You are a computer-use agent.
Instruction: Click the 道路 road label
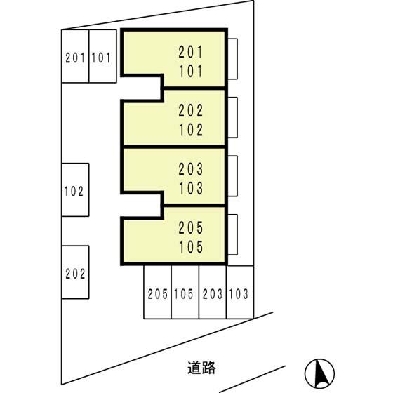click(x=201, y=368)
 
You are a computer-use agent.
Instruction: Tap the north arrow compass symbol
click(x=319, y=373)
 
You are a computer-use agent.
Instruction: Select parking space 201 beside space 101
click(x=75, y=56)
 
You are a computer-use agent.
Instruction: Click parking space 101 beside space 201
click(x=102, y=56)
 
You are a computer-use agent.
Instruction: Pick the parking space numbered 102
click(x=75, y=189)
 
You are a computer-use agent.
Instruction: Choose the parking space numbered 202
click(x=75, y=272)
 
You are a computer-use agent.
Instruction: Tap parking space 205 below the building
click(x=158, y=292)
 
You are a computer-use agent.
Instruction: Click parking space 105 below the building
click(x=185, y=292)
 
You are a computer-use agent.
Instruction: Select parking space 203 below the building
click(x=213, y=292)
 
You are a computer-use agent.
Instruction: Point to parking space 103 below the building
click(x=240, y=292)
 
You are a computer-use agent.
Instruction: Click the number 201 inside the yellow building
click(x=190, y=52)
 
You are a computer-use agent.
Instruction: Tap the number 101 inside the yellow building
click(x=190, y=71)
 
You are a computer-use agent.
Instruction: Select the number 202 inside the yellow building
click(x=190, y=111)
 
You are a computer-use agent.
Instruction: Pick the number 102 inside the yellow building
click(x=190, y=130)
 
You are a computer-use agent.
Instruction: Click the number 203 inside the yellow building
click(x=190, y=169)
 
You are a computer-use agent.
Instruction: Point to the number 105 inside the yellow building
click(x=190, y=246)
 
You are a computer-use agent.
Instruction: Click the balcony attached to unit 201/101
click(x=232, y=59)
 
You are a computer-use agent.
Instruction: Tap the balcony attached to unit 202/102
click(x=232, y=118)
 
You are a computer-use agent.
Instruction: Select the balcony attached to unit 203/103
click(x=232, y=176)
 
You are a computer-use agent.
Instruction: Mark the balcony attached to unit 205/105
click(x=232, y=234)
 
